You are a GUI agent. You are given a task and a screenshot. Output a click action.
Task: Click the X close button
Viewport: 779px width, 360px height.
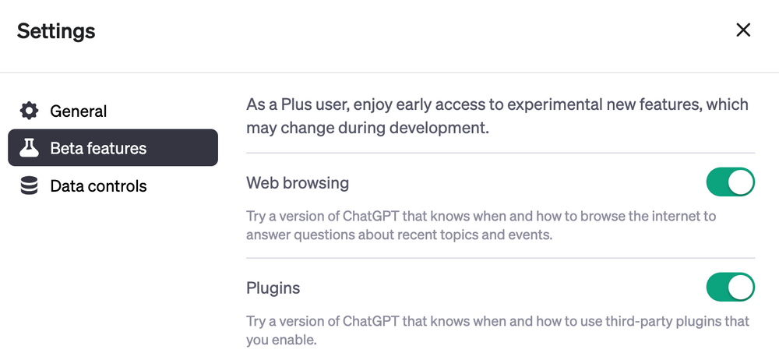click(x=743, y=30)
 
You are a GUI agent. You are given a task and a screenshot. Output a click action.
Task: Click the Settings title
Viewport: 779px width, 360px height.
click(x=56, y=31)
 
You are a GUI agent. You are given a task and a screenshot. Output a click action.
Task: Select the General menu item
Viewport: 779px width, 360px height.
click(x=78, y=111)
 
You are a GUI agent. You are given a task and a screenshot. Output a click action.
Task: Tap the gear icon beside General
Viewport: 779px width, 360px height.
click(x=29, y=111)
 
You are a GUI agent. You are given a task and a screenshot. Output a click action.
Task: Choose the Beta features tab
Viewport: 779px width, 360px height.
click(x=98, y=148)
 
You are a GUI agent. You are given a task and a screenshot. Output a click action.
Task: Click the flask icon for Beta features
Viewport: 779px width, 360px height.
click(x=29, y=147)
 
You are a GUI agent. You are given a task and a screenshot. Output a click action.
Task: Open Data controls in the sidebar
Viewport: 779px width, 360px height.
click(x=98, y=186)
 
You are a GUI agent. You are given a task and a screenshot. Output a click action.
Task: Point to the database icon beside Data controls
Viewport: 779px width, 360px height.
click(x=29, y=186)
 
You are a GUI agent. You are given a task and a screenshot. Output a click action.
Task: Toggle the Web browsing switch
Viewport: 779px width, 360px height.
click(x=730, y=182)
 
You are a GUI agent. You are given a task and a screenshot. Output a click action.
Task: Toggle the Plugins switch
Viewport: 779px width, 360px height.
click(x=730, y=287)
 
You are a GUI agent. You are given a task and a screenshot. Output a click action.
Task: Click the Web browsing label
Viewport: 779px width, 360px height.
click(x=298, y=183)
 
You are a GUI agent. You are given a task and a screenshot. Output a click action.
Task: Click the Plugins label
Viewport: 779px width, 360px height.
click(x=273, y=288)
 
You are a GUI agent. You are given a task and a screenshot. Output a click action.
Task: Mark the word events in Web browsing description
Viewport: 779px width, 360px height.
click(x=534, y=234)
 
